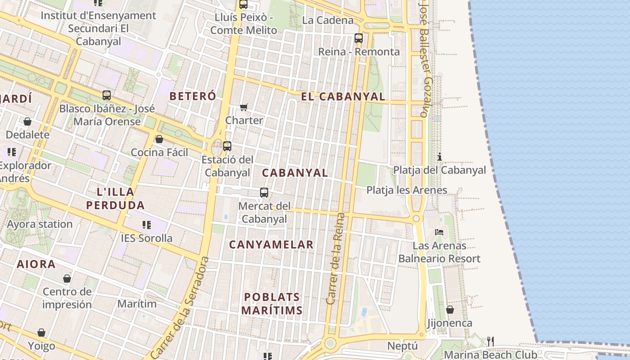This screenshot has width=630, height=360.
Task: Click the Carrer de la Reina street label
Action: [336, 258]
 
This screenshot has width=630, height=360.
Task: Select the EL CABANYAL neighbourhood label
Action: [343, 96]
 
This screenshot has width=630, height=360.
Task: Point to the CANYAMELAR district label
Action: [271, 245]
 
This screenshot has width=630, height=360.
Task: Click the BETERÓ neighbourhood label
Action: [193, 96]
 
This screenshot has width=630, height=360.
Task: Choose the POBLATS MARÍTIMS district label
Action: [272, 304]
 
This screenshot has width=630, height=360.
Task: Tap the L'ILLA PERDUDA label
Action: [116, 198]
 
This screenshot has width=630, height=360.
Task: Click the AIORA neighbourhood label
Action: [36, 264]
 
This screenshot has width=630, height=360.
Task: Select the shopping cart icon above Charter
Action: [244, 107]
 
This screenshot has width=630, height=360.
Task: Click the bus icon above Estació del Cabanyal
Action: [227, 146]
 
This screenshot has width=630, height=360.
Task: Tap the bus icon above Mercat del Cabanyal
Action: [264, 193]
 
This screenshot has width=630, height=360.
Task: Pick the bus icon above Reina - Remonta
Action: [359, 38]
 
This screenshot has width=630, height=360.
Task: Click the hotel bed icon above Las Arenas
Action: [440, 232]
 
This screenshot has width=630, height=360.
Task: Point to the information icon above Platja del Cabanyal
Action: [440, 157]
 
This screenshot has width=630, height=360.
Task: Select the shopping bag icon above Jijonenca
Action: [450, 310]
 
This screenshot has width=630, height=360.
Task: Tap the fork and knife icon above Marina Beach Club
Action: [490, 341]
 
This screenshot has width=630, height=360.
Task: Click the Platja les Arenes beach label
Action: [407, 190]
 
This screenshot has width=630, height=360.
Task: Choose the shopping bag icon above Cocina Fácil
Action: [159, 139]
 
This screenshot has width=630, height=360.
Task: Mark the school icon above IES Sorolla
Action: [146, 225]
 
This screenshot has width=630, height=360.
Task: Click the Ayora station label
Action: [40, 224]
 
